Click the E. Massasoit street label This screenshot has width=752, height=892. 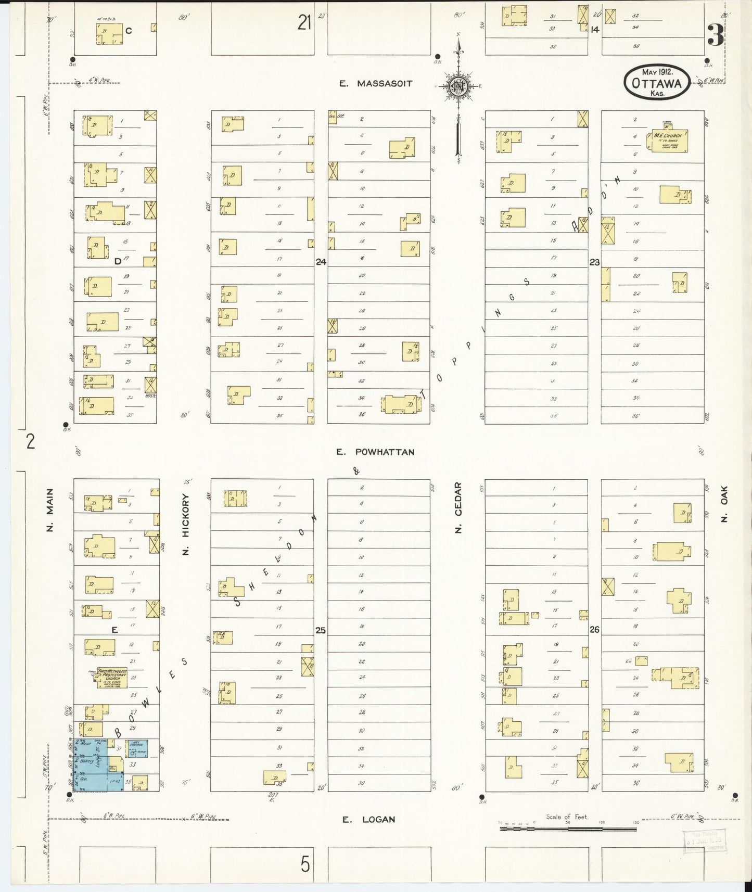point(376,83)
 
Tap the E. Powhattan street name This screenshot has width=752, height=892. point(375,452)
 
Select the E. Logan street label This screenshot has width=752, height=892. point(368,820)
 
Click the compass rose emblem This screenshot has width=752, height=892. point(458,86)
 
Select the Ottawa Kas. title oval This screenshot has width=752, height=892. point(657,82)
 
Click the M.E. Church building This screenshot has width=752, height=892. point(667,141)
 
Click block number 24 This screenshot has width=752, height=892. point(321,262)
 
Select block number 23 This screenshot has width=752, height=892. point(594,262)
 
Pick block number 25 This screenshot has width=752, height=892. point(321,630)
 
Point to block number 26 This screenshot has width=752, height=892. point(594,630)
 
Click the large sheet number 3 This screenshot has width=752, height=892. point(716,35)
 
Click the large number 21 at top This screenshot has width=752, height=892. point(304,23)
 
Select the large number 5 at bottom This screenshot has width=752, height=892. point(305,864)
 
